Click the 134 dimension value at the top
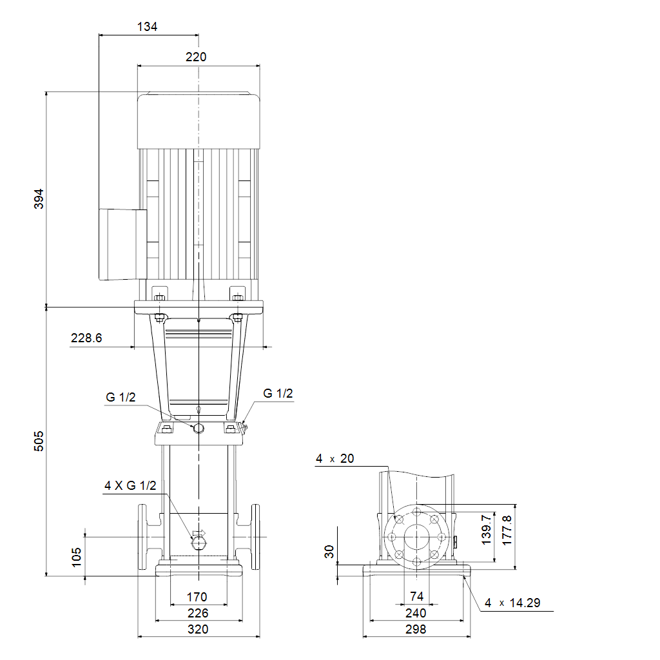coord(148,26)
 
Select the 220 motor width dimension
coord(196,57)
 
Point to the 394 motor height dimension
coord(39,199)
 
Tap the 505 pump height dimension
coord(39,441)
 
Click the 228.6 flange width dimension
coord(86,338)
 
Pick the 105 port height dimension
coord(76,557)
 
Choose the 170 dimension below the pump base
coord(197,597)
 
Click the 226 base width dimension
coord(198,613)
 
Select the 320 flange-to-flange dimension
coord(198,629)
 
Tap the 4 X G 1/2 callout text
coord(130,486)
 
